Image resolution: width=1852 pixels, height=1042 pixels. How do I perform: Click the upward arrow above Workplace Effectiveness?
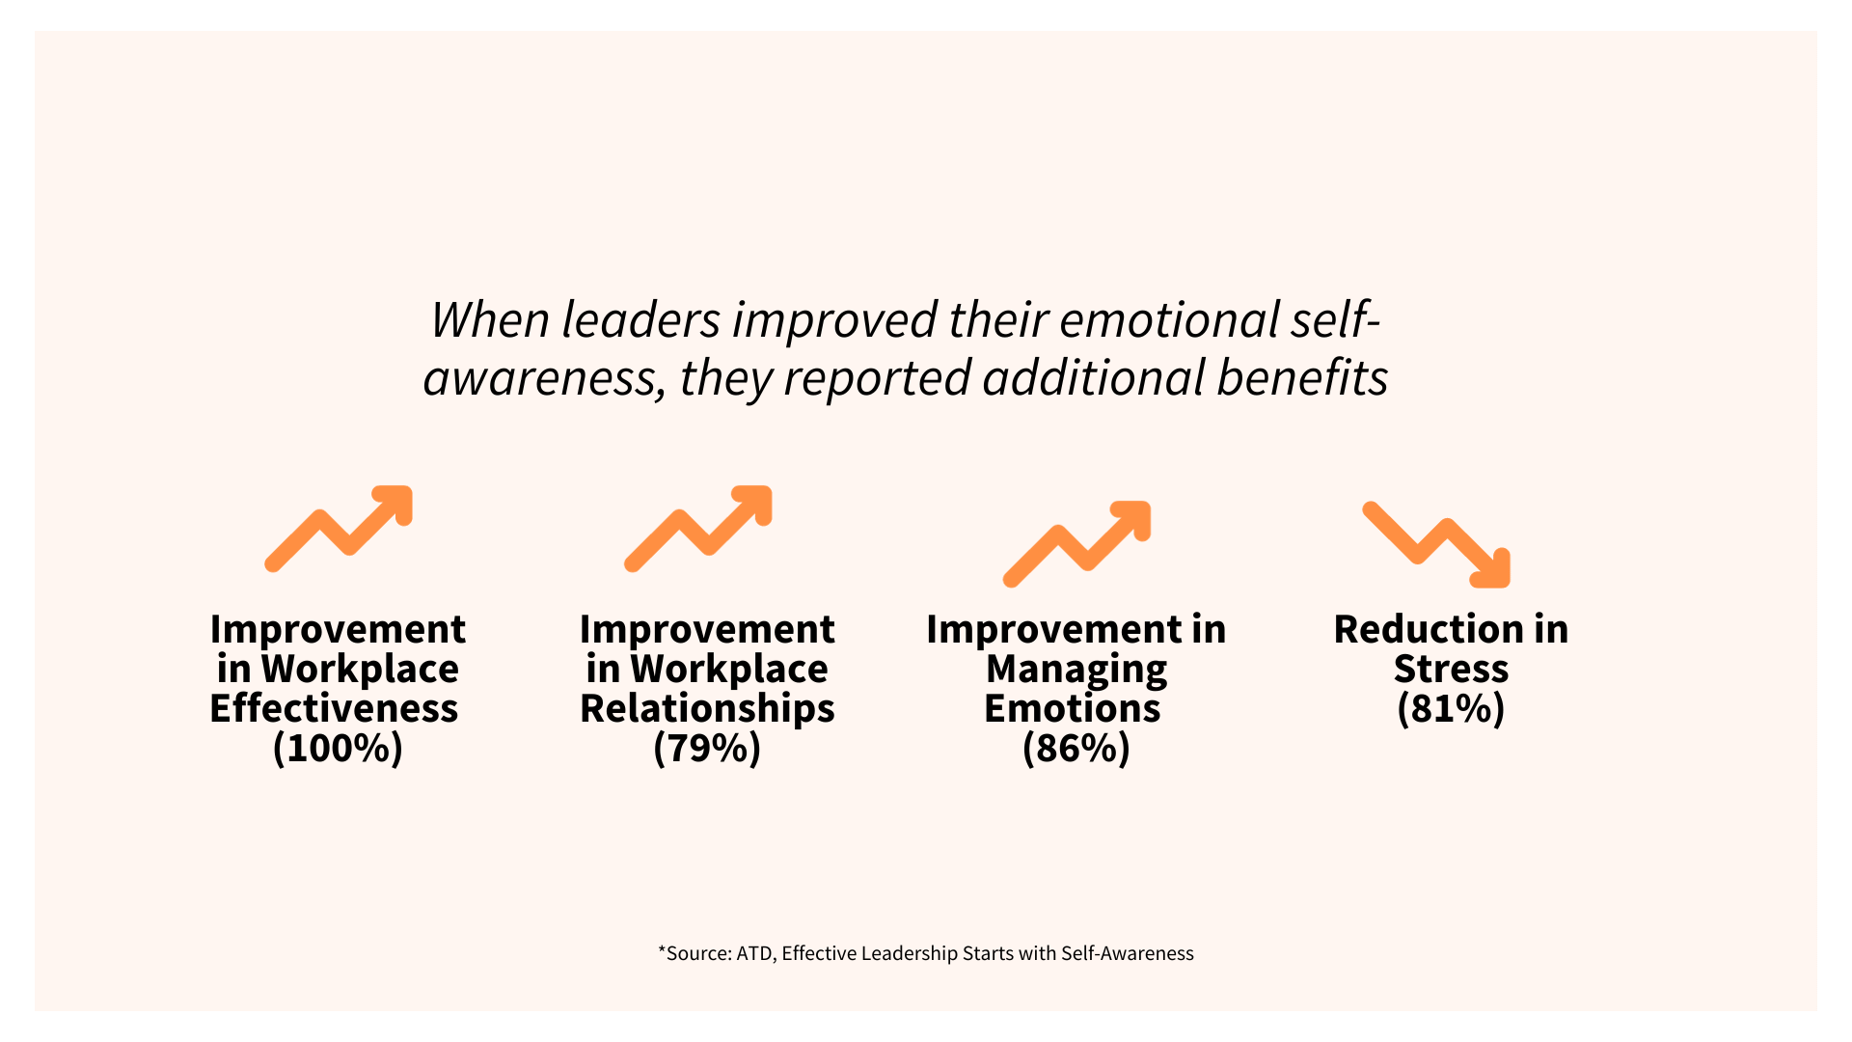pos(339,529)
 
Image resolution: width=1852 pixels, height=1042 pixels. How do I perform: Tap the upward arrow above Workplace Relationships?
pos(698,529)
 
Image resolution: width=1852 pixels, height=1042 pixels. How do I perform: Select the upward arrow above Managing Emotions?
pos(1076,544)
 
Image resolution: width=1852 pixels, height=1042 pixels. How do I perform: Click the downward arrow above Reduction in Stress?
pos(1436,544)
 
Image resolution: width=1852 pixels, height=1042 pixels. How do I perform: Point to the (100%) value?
pos(338,749)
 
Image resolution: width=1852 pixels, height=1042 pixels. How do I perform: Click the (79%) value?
pos(707,749)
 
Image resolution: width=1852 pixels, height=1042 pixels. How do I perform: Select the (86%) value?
pos(1076,749)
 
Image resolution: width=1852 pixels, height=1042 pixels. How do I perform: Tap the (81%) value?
pos(1451,709)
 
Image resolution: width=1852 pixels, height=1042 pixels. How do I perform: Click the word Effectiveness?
pos(334,709)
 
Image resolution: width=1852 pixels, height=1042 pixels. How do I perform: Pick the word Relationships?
pos(707,709)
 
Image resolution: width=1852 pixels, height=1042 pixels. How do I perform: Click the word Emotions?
pos(1073,709)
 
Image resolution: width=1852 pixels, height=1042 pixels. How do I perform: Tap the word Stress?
pos(1451,670)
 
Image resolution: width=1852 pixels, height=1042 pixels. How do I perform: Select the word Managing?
pos(1076,670)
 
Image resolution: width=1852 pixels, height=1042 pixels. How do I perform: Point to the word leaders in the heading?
pos(640,320)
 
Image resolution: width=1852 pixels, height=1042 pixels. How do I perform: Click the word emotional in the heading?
pos(1169,320)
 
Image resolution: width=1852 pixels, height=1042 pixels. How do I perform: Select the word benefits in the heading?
pos(1302,378)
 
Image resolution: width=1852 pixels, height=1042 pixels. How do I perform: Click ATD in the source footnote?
pos(753,954)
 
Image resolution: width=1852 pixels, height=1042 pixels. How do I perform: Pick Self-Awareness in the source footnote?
pos(1127,954)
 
